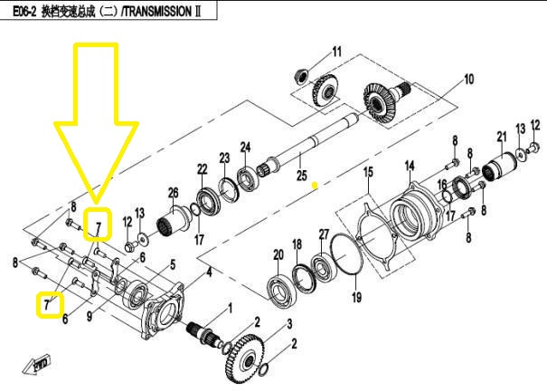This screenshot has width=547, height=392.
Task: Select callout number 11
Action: (x=336, y=51)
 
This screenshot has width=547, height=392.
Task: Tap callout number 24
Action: (x=244, y=148)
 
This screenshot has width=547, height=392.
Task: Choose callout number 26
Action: (x=173, y=191)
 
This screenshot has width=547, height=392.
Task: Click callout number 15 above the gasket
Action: (x=368, y=171)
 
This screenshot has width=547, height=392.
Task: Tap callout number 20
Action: (x=278, y=256)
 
